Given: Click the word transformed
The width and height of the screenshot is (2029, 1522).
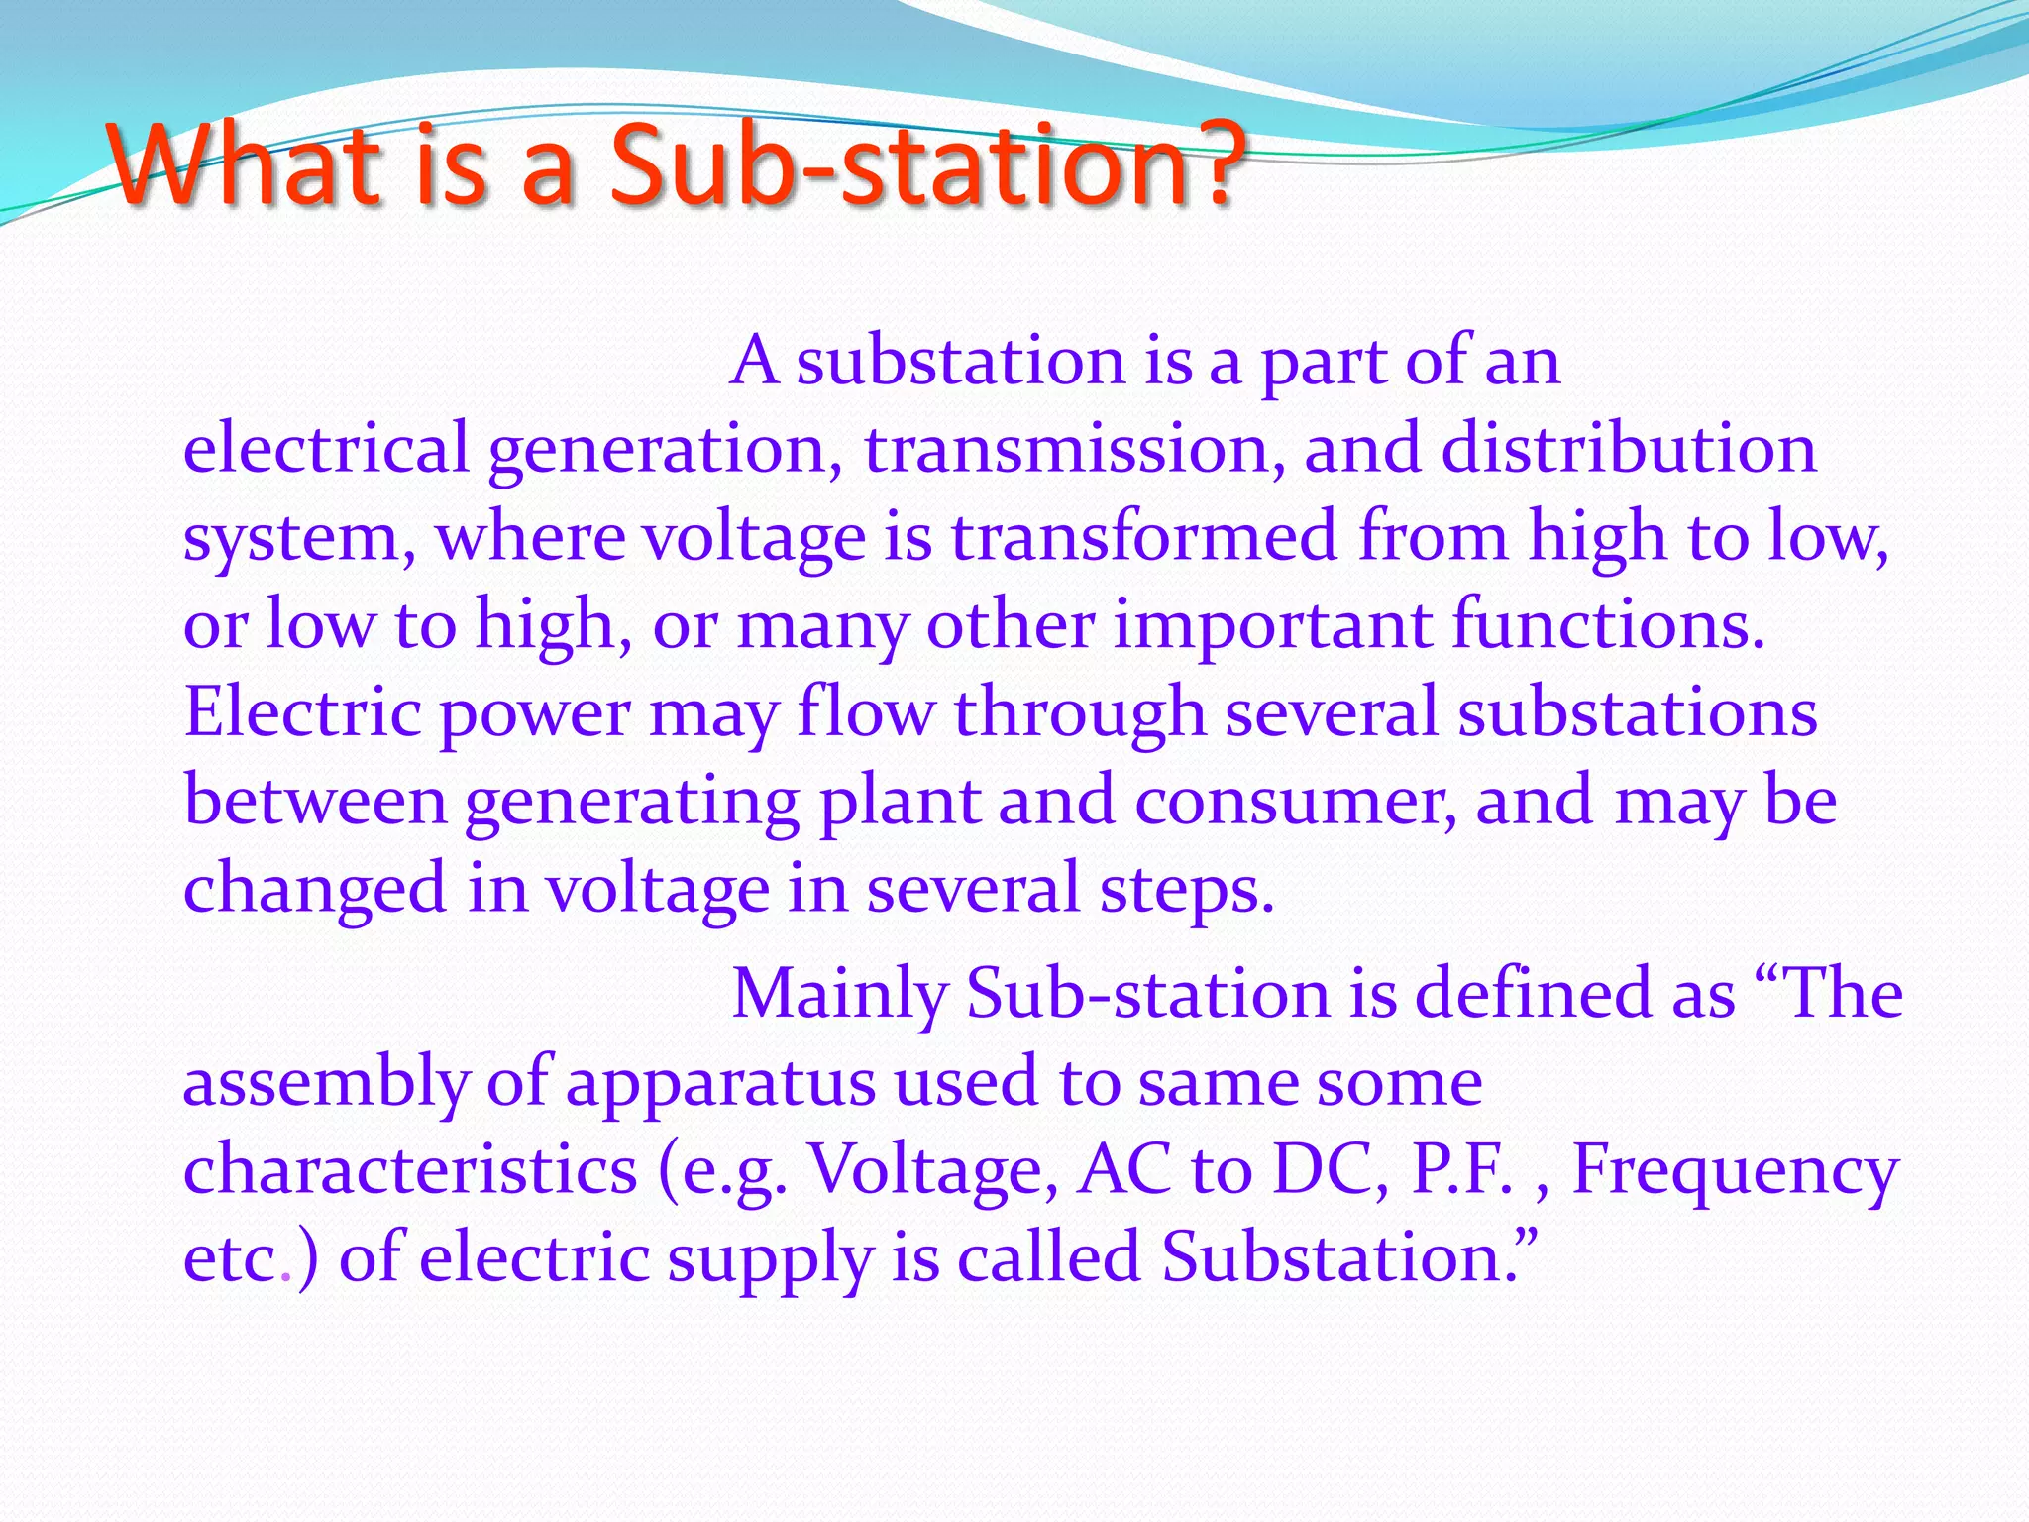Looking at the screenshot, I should (x=1144, y=536).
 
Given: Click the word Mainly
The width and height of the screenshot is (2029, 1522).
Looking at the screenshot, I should (x=838, y=994).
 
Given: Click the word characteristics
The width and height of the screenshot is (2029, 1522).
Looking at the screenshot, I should (x=410, y=1169).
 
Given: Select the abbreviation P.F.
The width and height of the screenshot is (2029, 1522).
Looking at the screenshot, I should (x=1464, y=1169).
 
